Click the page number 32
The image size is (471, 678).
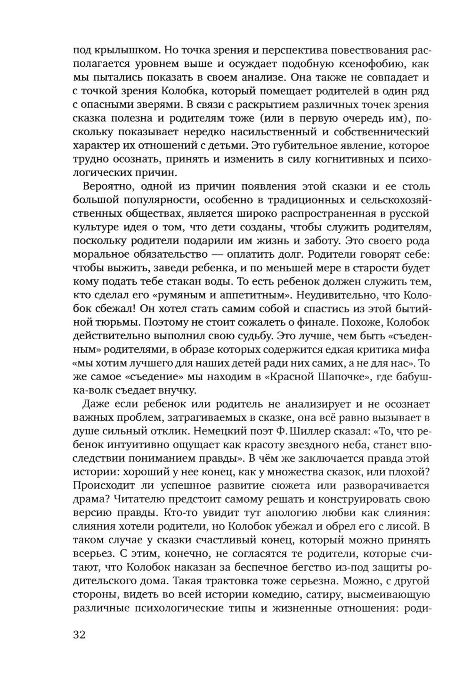click(x=80, y=635)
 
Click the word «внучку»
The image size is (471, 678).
click(x=176, y=391)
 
